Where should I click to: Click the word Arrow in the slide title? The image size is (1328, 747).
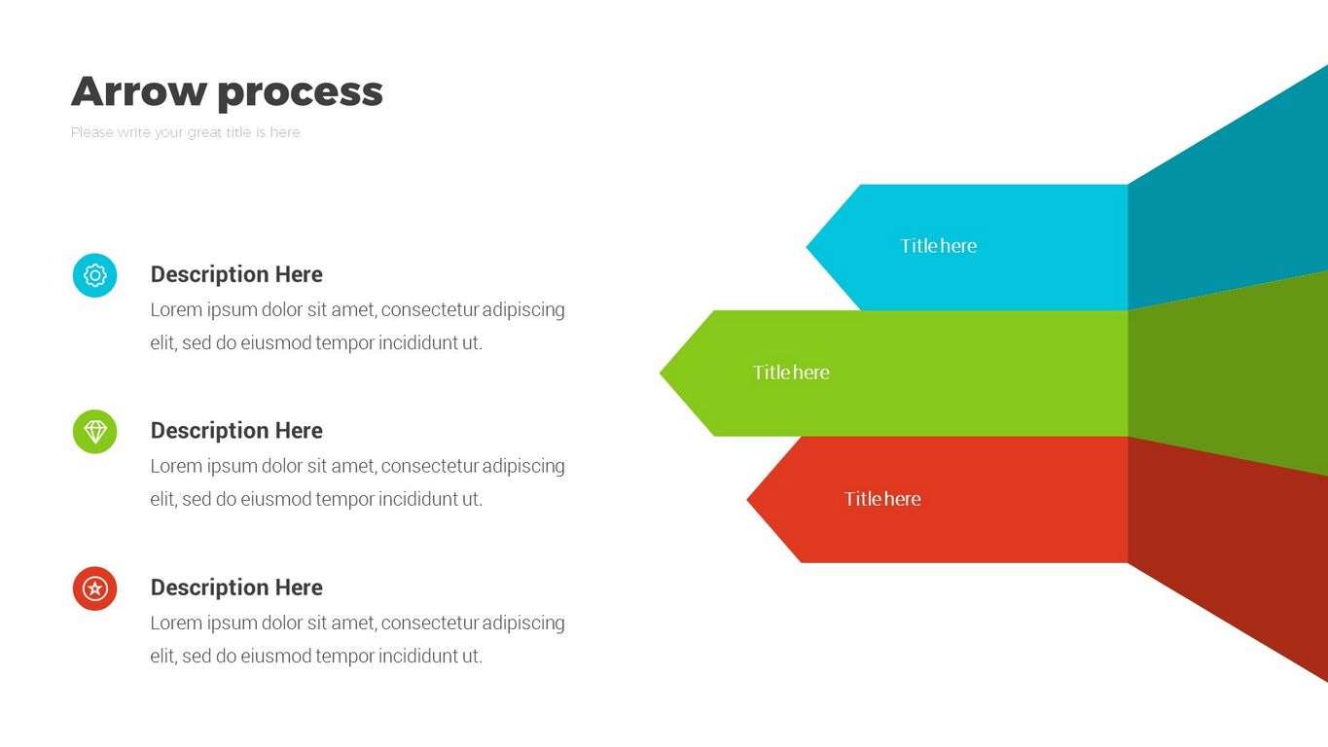pos(139,91)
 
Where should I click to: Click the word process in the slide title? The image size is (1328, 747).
pos(300,94)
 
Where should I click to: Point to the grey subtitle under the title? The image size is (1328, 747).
pos(186,132)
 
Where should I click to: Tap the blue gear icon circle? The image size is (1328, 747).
pos(95,275)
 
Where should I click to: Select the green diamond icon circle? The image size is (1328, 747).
pos(95,432)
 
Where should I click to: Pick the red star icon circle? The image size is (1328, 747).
pos(95,588)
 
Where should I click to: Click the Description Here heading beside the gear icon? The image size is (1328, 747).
pos(236,274)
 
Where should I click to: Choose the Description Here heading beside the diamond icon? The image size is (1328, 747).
pos(236,431)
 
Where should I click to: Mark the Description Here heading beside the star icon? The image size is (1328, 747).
pos(236,587)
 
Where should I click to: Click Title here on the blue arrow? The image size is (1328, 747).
pos(939,246)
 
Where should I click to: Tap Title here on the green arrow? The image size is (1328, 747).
pos(792,373)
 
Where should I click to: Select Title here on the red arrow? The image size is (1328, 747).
pos(882,499)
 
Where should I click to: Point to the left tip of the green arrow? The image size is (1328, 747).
pos(660,373)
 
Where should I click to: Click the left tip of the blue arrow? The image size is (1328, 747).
pos(807,247)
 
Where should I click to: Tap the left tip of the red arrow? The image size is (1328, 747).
pos(747,500)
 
